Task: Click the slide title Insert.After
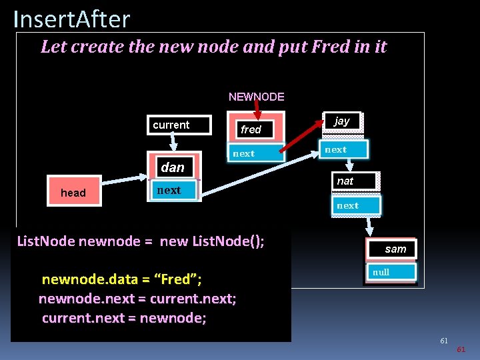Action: [71, 19]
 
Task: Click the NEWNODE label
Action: [256, 97]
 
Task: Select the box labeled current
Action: [177, 125]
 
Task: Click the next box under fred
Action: [254, 153]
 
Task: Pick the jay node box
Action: [342, 121]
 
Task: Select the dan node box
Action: [172, 167]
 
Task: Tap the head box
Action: [73, 193]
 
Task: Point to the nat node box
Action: [353, 181]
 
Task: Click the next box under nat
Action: [355, 205]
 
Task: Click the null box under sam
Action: [390, 272]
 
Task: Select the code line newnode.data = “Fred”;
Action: [121, 279]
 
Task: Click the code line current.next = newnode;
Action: [124, 317]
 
